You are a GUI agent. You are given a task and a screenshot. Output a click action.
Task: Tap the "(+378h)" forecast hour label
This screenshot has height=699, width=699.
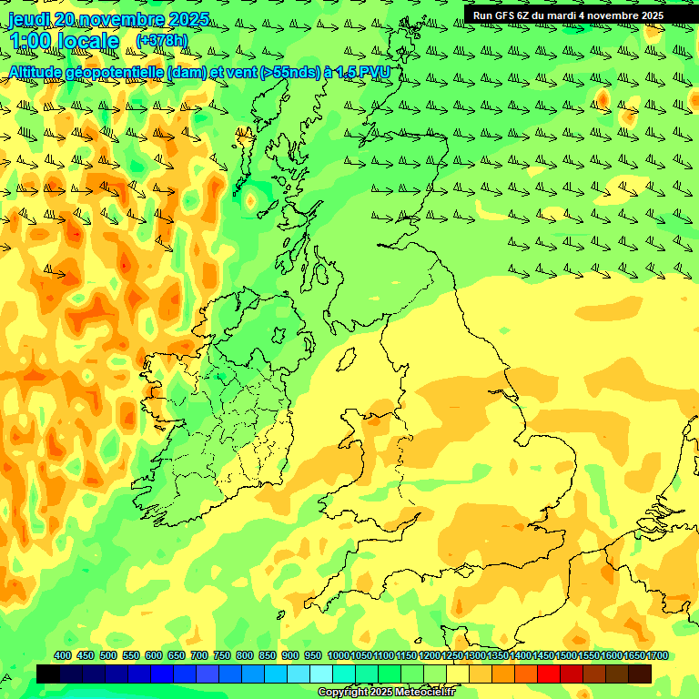(161, 41)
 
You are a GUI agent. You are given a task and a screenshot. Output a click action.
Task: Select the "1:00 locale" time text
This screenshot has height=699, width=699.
(64, 41)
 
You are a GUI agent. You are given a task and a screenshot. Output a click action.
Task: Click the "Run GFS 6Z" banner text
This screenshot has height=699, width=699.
(505, 15)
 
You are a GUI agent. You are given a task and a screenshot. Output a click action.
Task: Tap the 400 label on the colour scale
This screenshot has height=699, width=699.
(63, 655)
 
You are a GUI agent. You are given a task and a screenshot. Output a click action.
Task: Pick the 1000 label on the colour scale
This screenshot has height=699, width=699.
(338, 655)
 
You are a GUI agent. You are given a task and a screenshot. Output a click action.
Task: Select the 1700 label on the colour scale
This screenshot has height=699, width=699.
(633, 655)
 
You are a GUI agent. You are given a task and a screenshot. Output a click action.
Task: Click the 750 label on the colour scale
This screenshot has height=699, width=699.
(222, 655)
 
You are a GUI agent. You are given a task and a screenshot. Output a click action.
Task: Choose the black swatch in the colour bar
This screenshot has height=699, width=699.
(48, 674)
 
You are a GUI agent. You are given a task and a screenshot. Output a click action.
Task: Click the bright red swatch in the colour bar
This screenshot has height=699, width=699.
(549, 674)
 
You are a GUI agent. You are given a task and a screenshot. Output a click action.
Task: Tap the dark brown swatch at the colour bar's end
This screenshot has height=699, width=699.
(640, 674)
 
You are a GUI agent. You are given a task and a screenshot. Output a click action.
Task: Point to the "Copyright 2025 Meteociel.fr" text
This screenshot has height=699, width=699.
(386, 693)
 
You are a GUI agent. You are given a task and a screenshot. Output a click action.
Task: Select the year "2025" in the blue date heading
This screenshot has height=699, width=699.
(187, 19)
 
